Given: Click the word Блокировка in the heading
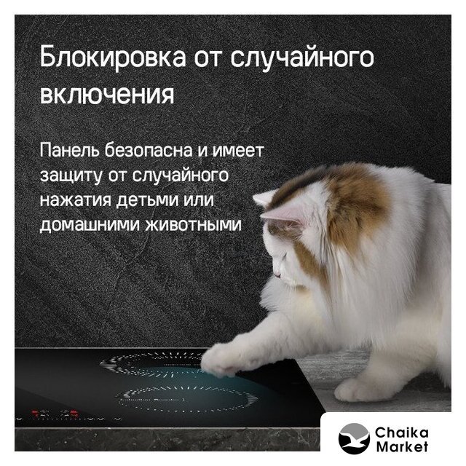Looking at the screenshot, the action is [113, 58].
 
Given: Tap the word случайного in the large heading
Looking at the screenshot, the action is [302, 58].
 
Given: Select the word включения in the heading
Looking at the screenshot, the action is [107, 95].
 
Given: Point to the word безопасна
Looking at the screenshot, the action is [149, 150].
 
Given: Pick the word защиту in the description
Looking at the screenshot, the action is [71, 176].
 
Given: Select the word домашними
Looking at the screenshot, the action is [90, 225].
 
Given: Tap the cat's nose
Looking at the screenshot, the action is [276, 274].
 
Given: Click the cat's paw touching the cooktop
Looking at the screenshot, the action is [221, 359].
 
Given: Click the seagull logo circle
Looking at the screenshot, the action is [354, 438].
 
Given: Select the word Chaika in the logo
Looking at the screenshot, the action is [402, 433].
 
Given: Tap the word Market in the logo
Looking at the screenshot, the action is [402, 446].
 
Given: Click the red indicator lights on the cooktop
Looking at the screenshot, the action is [55, 413].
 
